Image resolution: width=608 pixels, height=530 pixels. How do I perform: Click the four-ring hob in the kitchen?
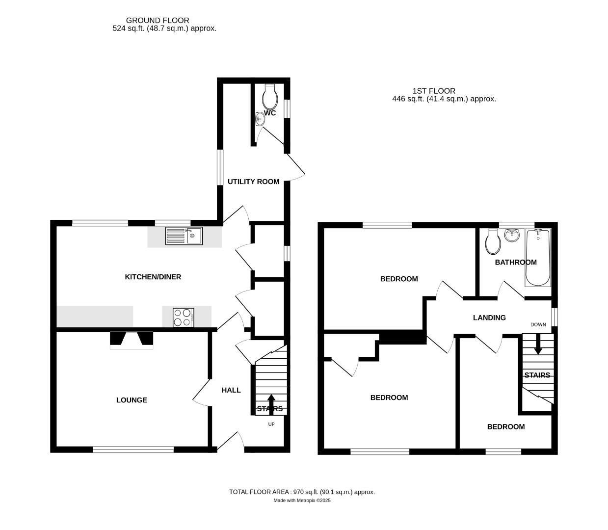point(183,317)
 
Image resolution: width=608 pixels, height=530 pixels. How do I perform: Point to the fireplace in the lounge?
point(132,340)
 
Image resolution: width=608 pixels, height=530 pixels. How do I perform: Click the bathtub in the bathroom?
point(538,258)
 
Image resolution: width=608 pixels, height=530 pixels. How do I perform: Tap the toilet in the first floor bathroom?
point(492,242)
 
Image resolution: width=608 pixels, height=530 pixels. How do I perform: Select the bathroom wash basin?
point(512,235)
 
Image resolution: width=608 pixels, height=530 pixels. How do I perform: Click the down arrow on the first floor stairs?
point(538,344)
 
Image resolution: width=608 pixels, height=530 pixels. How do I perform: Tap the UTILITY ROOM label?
point(253,182)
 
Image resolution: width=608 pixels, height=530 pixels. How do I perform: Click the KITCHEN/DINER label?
point(153,277)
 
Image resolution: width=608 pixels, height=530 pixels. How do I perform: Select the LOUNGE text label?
point(132,400)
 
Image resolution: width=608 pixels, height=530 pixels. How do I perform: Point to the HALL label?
point(231,390)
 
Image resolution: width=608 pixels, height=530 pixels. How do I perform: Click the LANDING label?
point(489,318)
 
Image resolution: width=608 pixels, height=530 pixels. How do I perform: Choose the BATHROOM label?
point(515,262)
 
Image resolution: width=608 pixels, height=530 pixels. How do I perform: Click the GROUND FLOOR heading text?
point(158,20)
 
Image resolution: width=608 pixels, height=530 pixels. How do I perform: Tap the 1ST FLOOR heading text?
point(433,91)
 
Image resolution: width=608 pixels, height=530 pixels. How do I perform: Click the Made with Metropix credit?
point(302,501)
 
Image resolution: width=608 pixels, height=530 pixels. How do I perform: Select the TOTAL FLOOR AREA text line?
point(302,492)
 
